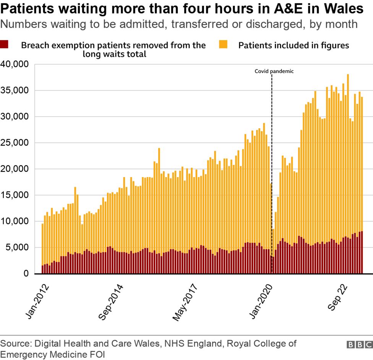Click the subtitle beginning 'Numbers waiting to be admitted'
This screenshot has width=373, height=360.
(179, 24)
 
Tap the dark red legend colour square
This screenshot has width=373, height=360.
(5, 45)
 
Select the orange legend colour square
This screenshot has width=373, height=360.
(223, 45)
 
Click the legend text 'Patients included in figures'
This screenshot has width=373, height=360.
(294, 45)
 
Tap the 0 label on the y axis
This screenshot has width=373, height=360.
(26, 274)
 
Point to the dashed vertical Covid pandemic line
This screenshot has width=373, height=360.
(272, 172)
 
